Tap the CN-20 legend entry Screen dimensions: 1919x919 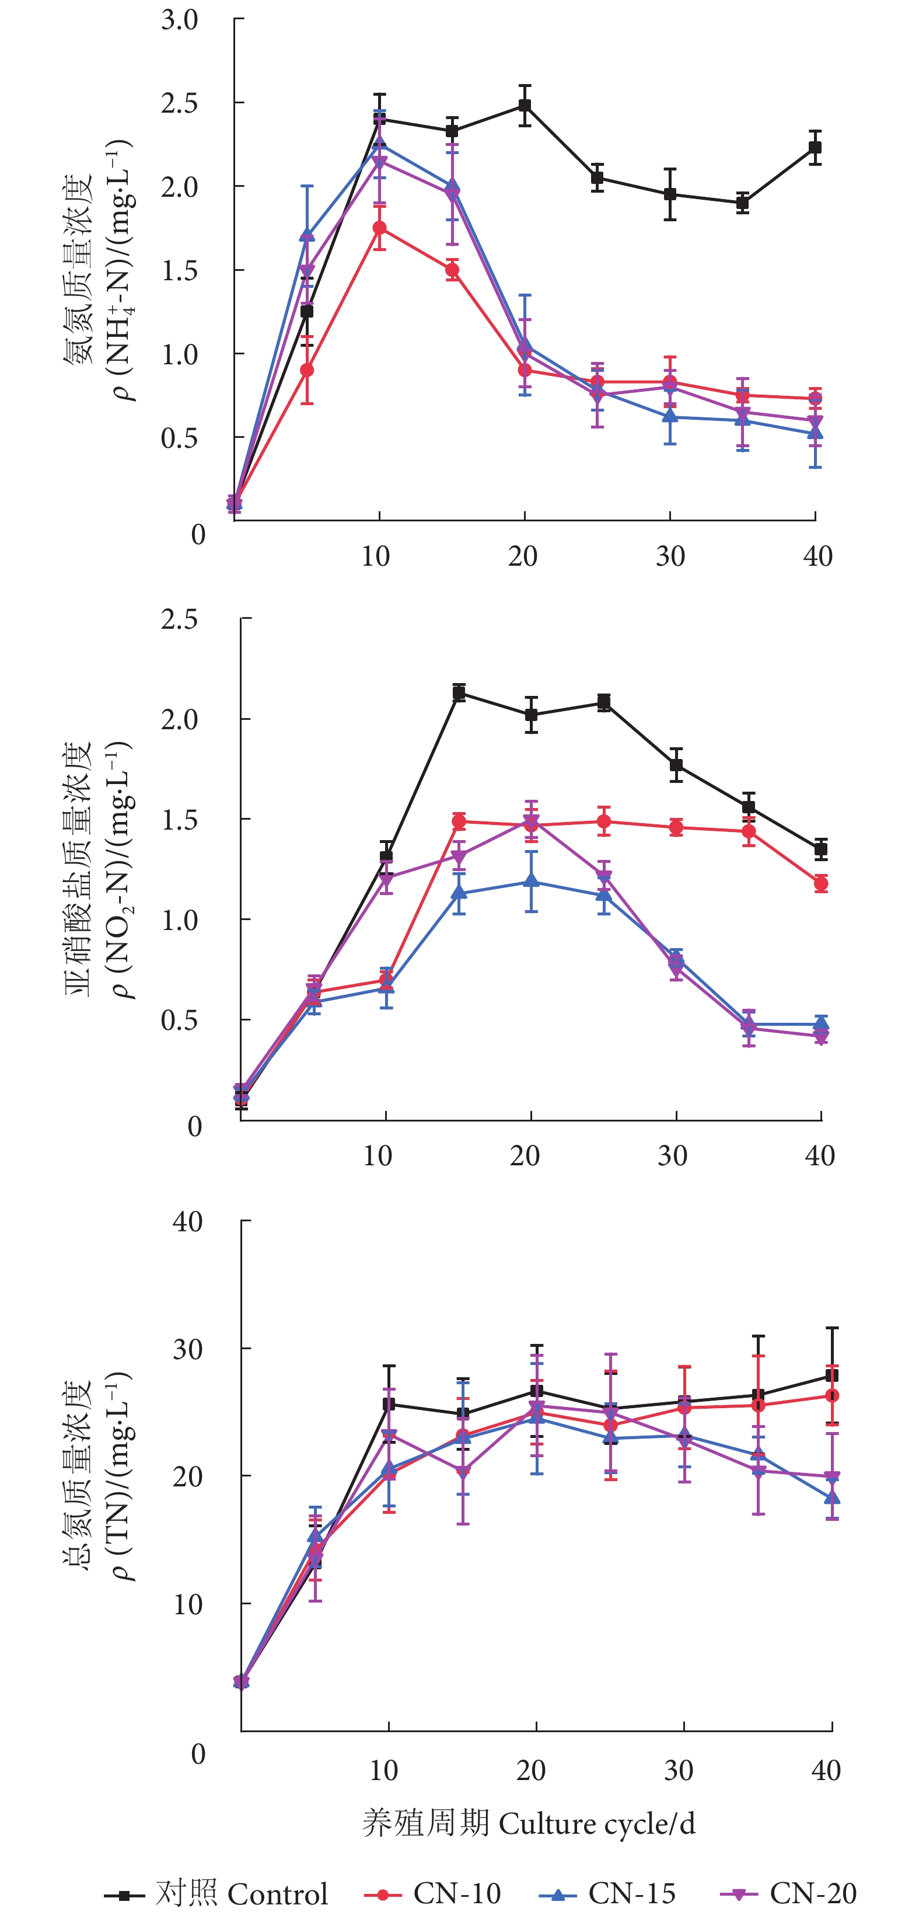click(x=789, y=1893)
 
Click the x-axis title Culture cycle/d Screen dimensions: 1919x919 click(x=529, y=1823)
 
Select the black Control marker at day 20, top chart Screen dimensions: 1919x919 click(x=525, y=105)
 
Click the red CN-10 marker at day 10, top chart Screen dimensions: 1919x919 click(x=380, y=228)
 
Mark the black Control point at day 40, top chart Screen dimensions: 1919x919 click(x=816, y=148)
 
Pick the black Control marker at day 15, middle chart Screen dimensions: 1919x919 click(x=460, y=694)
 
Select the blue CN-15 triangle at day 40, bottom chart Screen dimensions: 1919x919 click(x=833, y=1497)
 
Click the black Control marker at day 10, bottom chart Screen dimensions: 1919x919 click(x=389, y=1404)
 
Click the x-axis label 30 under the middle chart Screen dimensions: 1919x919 click(x=673, y=1155)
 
